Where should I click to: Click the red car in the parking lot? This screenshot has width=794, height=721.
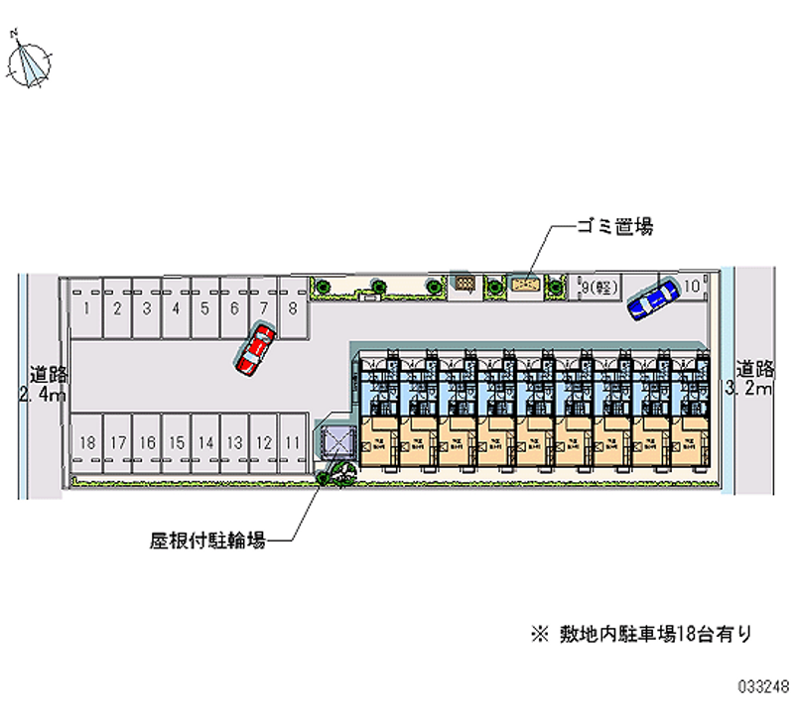255,348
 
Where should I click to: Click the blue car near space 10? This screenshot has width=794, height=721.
651,299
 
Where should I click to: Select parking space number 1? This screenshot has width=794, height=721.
88,307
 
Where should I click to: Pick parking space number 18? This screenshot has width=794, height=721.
88,442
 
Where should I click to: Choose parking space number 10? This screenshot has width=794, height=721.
693,287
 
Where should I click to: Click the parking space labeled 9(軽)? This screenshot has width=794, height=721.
599,288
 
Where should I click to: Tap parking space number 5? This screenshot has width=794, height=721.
204,307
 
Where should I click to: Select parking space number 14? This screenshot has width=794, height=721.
205,442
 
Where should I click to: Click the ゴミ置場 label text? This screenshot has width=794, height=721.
615,227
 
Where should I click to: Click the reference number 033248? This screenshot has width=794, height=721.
763,685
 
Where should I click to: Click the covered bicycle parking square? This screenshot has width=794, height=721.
335,441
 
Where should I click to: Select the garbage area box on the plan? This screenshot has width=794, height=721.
526,286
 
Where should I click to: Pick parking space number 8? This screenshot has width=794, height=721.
293,307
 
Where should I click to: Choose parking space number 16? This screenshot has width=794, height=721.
147,442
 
